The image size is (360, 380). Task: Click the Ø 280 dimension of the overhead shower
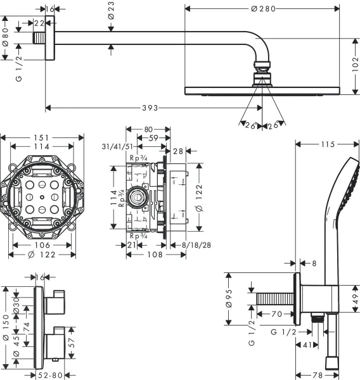point(263,9)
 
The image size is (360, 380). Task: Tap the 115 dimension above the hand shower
point(327,145)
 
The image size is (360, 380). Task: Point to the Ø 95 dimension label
point(231,298)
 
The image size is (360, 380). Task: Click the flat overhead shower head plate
point(262,91)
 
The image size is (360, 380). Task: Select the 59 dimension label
point(153,137)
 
